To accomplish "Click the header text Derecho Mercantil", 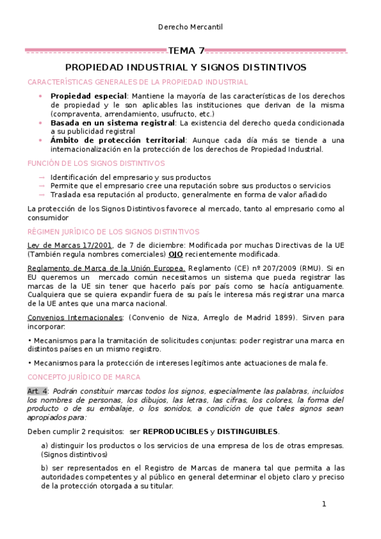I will pyautogui.click(x=190, y=27).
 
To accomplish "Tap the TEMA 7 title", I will pyautogui.click(x=186, y=51).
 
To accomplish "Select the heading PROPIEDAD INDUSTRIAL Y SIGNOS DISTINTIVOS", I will pyautogui.click(x=186, y=67).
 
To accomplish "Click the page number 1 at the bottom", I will pyautogui.click(x=324, y=504).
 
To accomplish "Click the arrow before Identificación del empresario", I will pyautogui.click(x=42, y=177).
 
